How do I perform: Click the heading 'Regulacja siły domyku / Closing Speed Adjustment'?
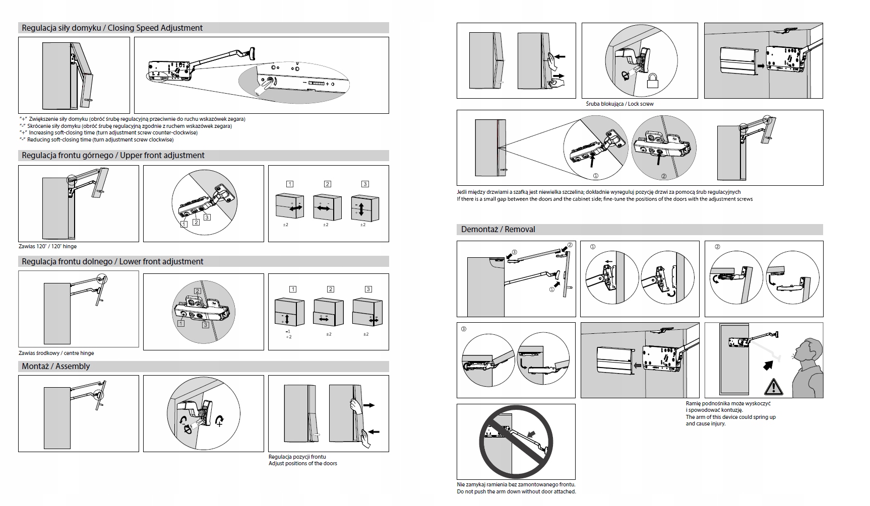(x=112, y=28)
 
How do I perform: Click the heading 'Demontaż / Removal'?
(x=498, y=230)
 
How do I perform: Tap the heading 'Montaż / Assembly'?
(x=55, y=367)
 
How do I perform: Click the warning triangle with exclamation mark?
(x=773, y=387)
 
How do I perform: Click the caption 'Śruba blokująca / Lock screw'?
(x=619, y=104)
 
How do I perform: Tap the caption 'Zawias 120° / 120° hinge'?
(x=48, y=247)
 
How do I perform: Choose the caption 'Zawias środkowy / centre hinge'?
(x=56, y=353)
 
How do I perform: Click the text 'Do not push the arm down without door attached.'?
(x=516, y=491)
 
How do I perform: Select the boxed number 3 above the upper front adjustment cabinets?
(x=365, y=184)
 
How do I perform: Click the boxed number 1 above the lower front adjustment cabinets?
(x=292, y=290)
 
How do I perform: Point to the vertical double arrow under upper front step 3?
(x=361, y=208)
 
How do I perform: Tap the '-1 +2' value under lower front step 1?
(x=288, y=334)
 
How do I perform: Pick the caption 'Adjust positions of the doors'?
(x=302, y=463)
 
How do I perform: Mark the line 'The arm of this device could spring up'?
(x=730, y=417)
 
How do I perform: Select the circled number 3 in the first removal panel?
(x=514, y=252)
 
